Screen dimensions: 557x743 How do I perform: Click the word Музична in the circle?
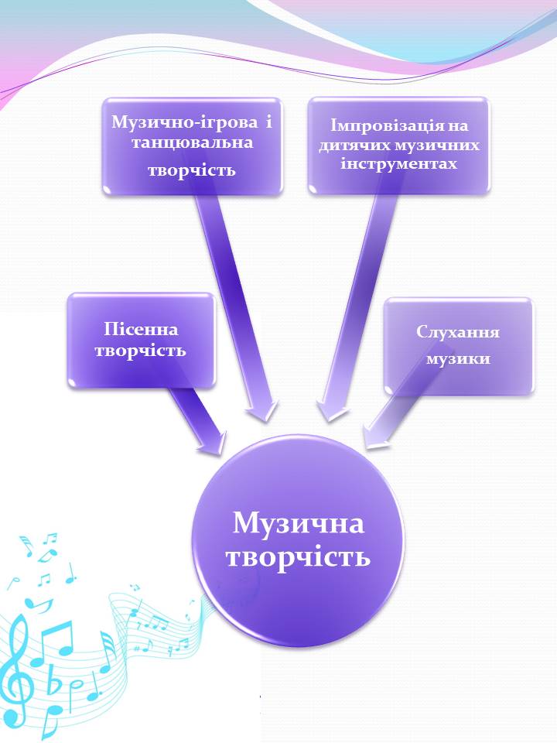coord(299,524)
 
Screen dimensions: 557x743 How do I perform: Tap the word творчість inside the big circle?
coord(298,556)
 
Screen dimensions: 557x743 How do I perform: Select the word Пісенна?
coord(141,329)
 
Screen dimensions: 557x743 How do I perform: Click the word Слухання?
coord(458,332)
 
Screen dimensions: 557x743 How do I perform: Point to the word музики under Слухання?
coord(458,358)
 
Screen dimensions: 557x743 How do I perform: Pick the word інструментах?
coord(399,163)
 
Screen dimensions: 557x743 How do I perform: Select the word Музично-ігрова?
coord(185,122)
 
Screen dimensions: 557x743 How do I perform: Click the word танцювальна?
coord(193,142)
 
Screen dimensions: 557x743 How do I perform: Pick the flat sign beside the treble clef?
coord(55,683)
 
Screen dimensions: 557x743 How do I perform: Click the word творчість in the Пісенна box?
coord(140,351)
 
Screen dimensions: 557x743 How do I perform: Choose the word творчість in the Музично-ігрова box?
coord(192,170)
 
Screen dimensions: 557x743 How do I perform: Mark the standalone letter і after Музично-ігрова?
coord(269,122)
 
